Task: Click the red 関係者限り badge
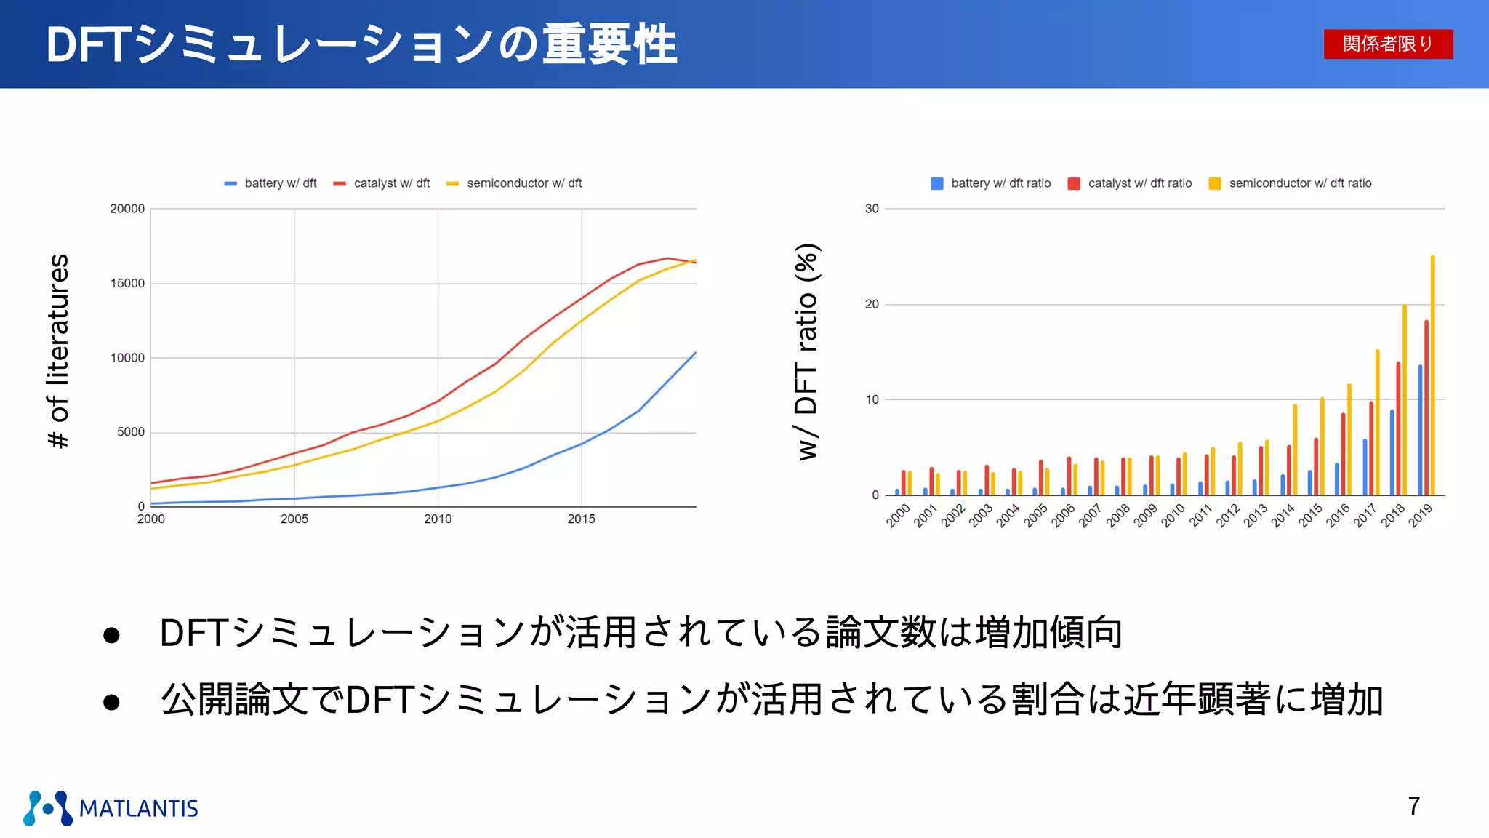(1388, 44)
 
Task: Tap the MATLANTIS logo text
(138, 808)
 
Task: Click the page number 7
(1413, 806)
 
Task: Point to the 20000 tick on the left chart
(127, 209)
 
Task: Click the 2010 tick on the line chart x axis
(438, 519)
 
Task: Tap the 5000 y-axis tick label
(131, 432)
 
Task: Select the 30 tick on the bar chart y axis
(872, 209)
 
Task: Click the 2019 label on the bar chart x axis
(1421, 515)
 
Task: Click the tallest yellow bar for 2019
(1432, 375)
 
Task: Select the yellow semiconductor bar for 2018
(1405, 400)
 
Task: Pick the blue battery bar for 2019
(1420, 429)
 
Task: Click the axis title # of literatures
(58, 351)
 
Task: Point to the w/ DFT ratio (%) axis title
(807, 351)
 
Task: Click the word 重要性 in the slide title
(609, 45)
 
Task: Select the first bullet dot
(111, 635)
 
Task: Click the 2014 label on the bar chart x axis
(1283, 515)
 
